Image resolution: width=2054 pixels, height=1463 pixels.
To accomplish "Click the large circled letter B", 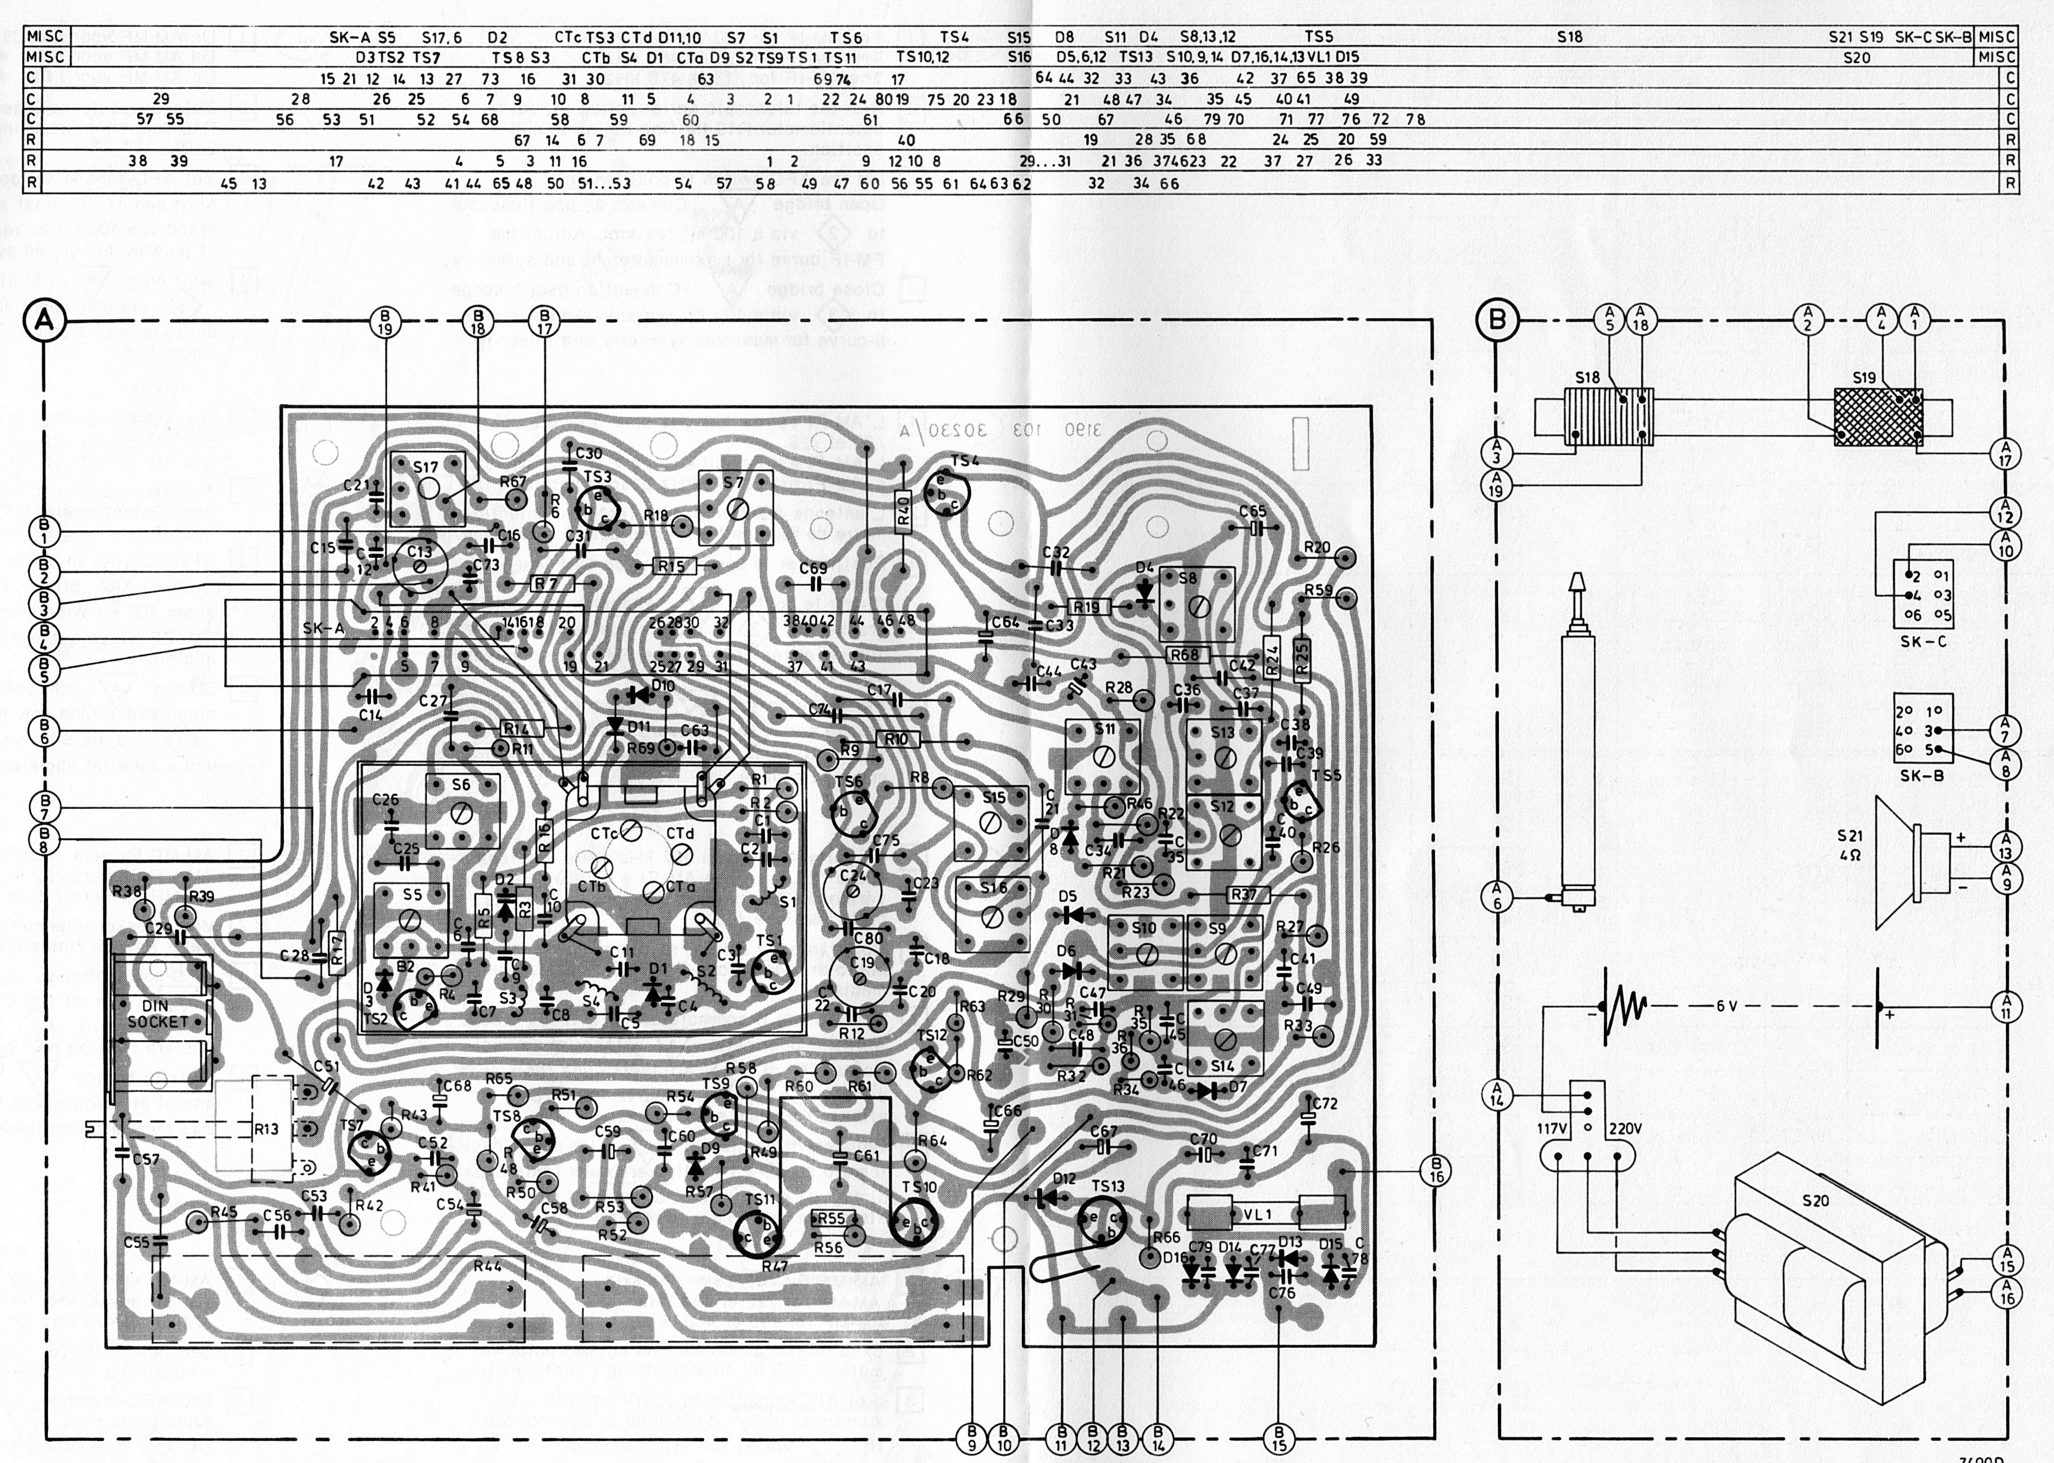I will coord(1498,320).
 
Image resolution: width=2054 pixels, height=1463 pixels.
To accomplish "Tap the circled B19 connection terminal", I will coord(385,322).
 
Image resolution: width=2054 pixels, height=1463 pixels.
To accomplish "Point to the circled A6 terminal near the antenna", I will coord(1497,896).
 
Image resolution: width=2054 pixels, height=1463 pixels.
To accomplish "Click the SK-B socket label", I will coord(1922,775).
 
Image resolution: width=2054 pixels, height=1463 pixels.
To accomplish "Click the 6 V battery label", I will coord(1726,1006).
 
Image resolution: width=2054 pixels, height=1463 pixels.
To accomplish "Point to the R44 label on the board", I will coord(487,1266).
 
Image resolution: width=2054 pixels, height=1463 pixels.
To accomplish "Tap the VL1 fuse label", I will coord(1257,1214).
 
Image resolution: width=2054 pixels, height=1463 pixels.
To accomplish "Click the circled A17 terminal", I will coord(2005,453).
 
